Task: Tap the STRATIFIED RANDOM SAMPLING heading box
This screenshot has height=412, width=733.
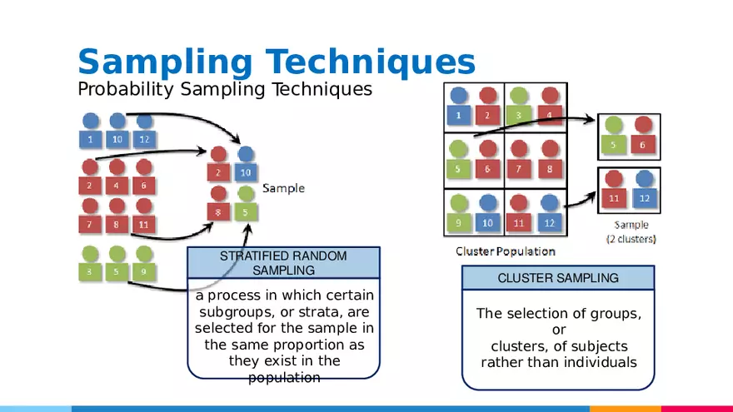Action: tap(283, 262)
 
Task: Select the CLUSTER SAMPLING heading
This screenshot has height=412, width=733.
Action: tap(558, 278)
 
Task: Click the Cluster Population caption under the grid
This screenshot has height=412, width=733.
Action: tap(505, 251)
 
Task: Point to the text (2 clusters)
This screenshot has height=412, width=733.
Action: tap(631, 239)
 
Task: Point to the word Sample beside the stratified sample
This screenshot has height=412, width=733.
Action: tap(283, 189)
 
